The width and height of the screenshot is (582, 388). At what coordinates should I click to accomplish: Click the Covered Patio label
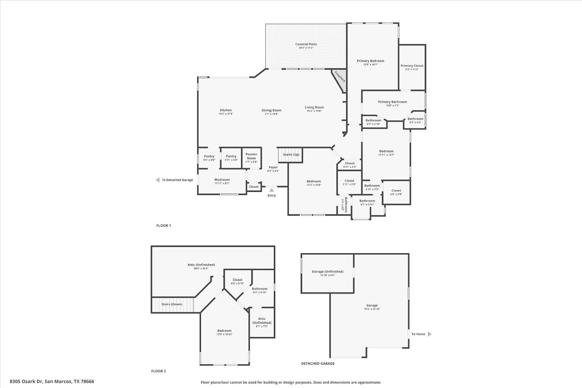306,44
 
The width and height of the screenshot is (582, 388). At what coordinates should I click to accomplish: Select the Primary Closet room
412,66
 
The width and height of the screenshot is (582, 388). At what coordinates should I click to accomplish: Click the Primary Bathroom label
392,102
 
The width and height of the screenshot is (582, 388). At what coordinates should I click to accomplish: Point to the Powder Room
251,157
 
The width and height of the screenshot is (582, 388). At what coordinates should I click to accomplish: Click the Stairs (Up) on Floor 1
290,155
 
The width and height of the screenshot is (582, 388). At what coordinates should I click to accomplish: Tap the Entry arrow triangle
272,190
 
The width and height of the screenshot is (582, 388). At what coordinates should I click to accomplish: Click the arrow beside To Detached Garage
158,180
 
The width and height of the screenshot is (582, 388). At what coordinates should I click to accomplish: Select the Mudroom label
222,180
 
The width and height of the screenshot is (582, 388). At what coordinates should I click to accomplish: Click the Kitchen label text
225,110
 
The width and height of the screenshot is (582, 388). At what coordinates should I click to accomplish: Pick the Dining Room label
271,110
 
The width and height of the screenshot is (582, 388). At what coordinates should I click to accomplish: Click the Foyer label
273,167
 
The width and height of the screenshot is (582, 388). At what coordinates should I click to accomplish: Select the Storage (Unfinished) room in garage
328,272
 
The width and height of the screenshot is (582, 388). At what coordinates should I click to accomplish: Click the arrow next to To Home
429,334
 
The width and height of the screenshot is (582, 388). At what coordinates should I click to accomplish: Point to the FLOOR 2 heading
158,371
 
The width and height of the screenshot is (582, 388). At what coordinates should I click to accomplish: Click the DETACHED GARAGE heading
318,363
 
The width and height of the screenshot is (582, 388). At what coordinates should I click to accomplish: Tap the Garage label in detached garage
372,305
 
